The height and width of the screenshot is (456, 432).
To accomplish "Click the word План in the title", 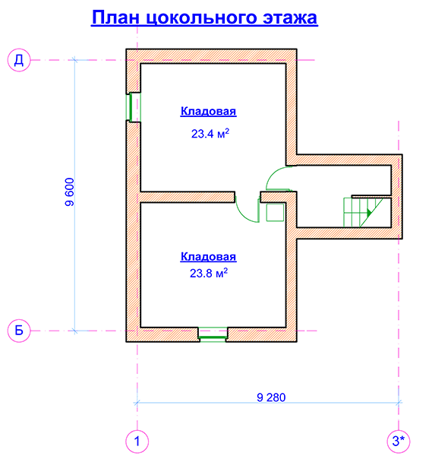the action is [115, 17].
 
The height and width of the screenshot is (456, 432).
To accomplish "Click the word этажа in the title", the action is [290, 17].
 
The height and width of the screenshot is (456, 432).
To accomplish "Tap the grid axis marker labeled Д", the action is [19, 60].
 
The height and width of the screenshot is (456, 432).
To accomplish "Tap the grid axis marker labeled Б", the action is [19, 331].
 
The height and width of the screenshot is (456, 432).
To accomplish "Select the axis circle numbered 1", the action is [137, 441].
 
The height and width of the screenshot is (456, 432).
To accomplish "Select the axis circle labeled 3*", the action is [399, 441].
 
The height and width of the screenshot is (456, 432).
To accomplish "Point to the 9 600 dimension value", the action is [70, 192].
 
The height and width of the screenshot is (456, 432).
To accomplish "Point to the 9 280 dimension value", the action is [271, 397].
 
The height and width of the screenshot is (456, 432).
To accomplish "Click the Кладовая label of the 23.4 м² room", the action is [208, 112].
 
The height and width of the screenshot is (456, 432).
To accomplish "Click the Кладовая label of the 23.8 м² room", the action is [208, 257].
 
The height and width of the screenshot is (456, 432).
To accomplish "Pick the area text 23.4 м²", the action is [210, 134].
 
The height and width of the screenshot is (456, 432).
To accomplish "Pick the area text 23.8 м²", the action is [209, 273].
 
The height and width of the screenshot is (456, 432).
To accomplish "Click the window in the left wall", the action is [133, 107].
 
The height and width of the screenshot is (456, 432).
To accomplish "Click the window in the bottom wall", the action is [213, 334].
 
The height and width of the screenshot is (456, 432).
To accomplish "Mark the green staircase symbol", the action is [363, 212].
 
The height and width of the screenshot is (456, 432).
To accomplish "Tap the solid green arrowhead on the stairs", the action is [369, 213].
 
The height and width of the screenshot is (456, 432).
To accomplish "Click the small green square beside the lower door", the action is [275, 212].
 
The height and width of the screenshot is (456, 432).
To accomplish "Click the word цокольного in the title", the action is [201, 18].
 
